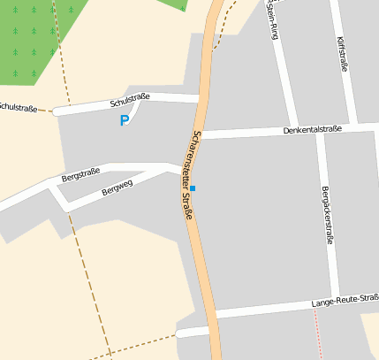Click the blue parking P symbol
[125, 120]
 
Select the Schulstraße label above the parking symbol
[130, 100]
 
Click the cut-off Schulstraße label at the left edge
[18, 108]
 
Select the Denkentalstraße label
[312, 129]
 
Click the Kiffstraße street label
[345, 53]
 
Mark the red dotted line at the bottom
[318, 336]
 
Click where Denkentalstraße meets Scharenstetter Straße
[203, 134]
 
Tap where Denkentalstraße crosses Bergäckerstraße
[321, 131]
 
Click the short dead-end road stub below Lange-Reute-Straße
[190, 333]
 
